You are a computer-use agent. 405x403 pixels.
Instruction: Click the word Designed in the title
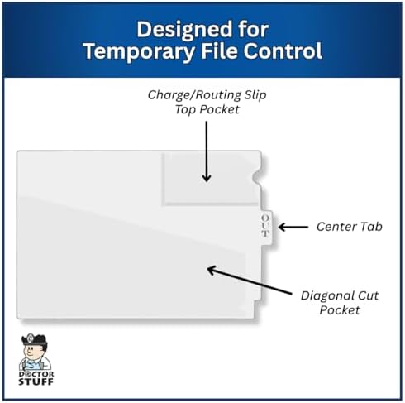click(x=184, y=29)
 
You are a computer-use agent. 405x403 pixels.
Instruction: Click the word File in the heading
click(x=220, y=50)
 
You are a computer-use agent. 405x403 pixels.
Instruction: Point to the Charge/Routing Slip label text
click(x=207, y=95)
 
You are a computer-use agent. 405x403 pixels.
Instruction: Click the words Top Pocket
click(x=207, y=109)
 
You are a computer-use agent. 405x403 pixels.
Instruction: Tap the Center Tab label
click(x=350, y=227)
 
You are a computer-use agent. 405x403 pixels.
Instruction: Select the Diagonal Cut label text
click(x=340, y=295)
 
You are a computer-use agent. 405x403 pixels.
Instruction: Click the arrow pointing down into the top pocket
click(x=207, y=151)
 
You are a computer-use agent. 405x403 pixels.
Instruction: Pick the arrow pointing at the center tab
click(x=293, y=228)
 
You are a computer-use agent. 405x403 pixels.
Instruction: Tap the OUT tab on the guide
click(x=266, y=227)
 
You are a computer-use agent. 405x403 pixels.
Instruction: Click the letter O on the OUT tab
click(x=265, y=218)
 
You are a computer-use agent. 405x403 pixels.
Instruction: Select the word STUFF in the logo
click(x=36, y=381)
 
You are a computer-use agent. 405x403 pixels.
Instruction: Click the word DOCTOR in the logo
click(x=36, y=374)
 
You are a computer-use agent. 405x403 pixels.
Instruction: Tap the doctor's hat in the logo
click(x=34, y=339)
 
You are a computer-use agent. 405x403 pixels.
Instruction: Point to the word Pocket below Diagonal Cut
click(x=340, y=310)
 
